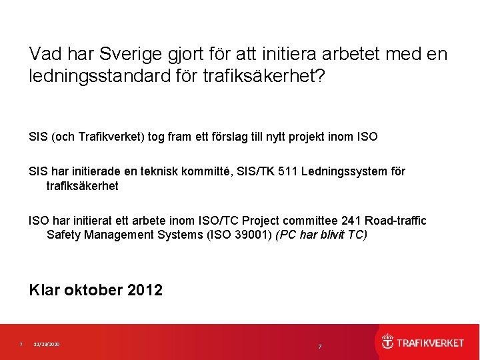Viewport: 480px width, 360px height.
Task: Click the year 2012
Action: tap(145, 290)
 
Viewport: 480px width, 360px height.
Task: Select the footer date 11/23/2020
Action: tap(47, 344)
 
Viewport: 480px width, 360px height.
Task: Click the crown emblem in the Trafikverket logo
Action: tap(387, 342)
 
